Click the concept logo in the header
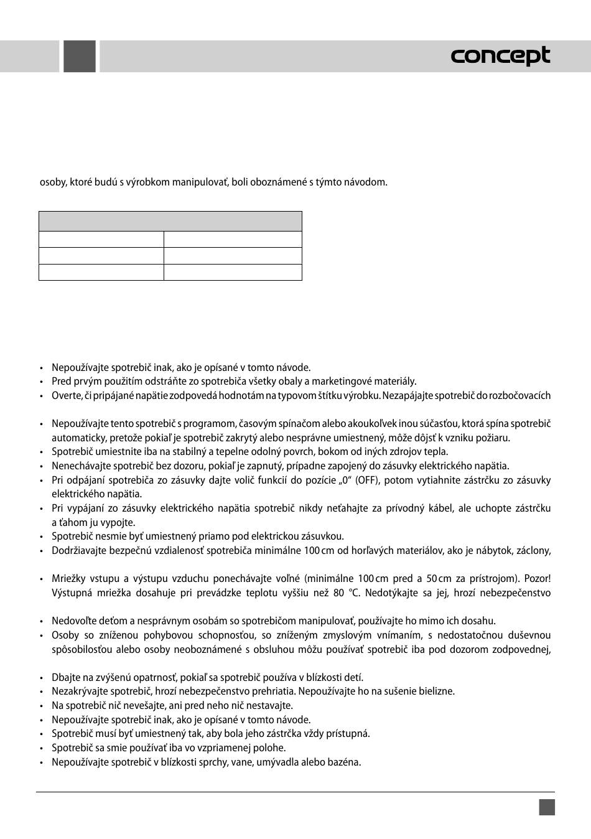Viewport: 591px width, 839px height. pyautogui.click(x=500, y=56)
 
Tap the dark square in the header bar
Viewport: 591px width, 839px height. pyautogui.click(x=80, y=56)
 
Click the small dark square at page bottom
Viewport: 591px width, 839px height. pyautogui.click(x=547, y=807)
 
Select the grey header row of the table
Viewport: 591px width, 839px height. pyautogui.click(x=170, y=222)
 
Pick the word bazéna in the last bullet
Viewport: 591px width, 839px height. pyautogui.click(x=346, y=762)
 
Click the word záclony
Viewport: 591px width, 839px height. pyautogui.click(x=532, y=550)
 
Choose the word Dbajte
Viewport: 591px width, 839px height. pyautogui.click(x=65, y=677)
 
